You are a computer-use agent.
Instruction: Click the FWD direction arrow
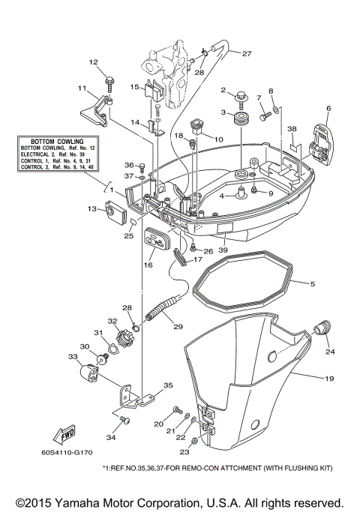click(x=62, y=434)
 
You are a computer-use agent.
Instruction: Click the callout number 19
click(x=328, y=379)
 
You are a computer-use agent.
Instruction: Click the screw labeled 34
click(x=125, y=420)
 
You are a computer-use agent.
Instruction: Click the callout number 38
click(x=292, y=128)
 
